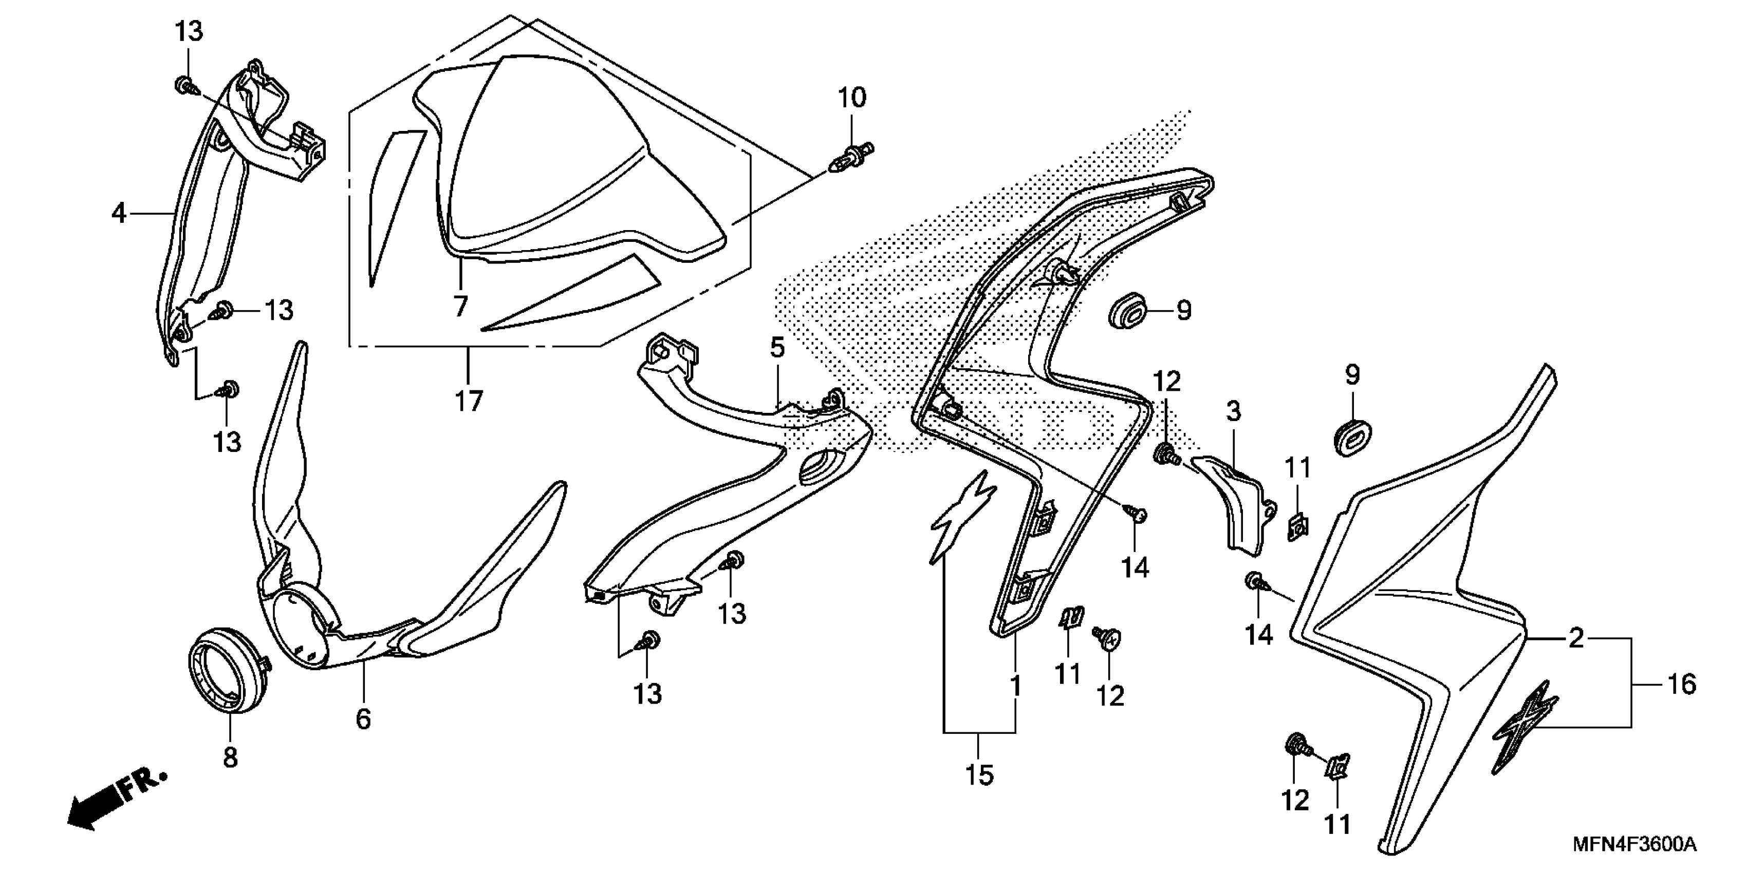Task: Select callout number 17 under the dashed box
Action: (x=469, y=401)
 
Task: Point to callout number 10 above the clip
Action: (x=852, y=98)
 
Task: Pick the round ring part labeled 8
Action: (x=227, y=670)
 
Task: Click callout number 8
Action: (x=231, y=757)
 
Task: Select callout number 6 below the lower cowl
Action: (x=363, y=718)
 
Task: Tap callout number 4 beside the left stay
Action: (x=119, y=214)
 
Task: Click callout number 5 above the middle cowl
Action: (x=777, y=348)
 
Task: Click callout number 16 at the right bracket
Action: (x=1681, y=685)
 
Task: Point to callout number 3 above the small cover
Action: (x=1234, y=411)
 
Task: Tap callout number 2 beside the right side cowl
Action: (x=1576, y=638)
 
